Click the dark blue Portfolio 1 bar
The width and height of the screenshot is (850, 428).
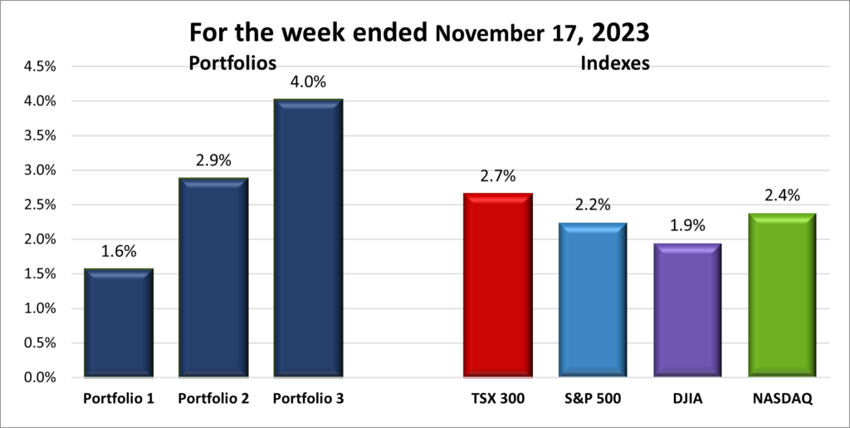tap(118, 323)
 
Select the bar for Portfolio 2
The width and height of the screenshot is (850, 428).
tap(213, 278)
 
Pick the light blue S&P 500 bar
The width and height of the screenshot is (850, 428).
tap(593, 300)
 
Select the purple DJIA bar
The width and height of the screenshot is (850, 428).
tap(686, 311)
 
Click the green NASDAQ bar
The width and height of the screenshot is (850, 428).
tap(782, 295)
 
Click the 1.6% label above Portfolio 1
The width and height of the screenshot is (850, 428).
tap(118, 252)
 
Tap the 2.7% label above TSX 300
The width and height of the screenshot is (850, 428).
tap(497, 176)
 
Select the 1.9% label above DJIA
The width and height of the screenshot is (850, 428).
tap(686, 227)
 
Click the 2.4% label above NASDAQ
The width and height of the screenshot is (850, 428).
tap(782, 196)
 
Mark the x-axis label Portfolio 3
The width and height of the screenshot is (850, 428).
tap(308, 399)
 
